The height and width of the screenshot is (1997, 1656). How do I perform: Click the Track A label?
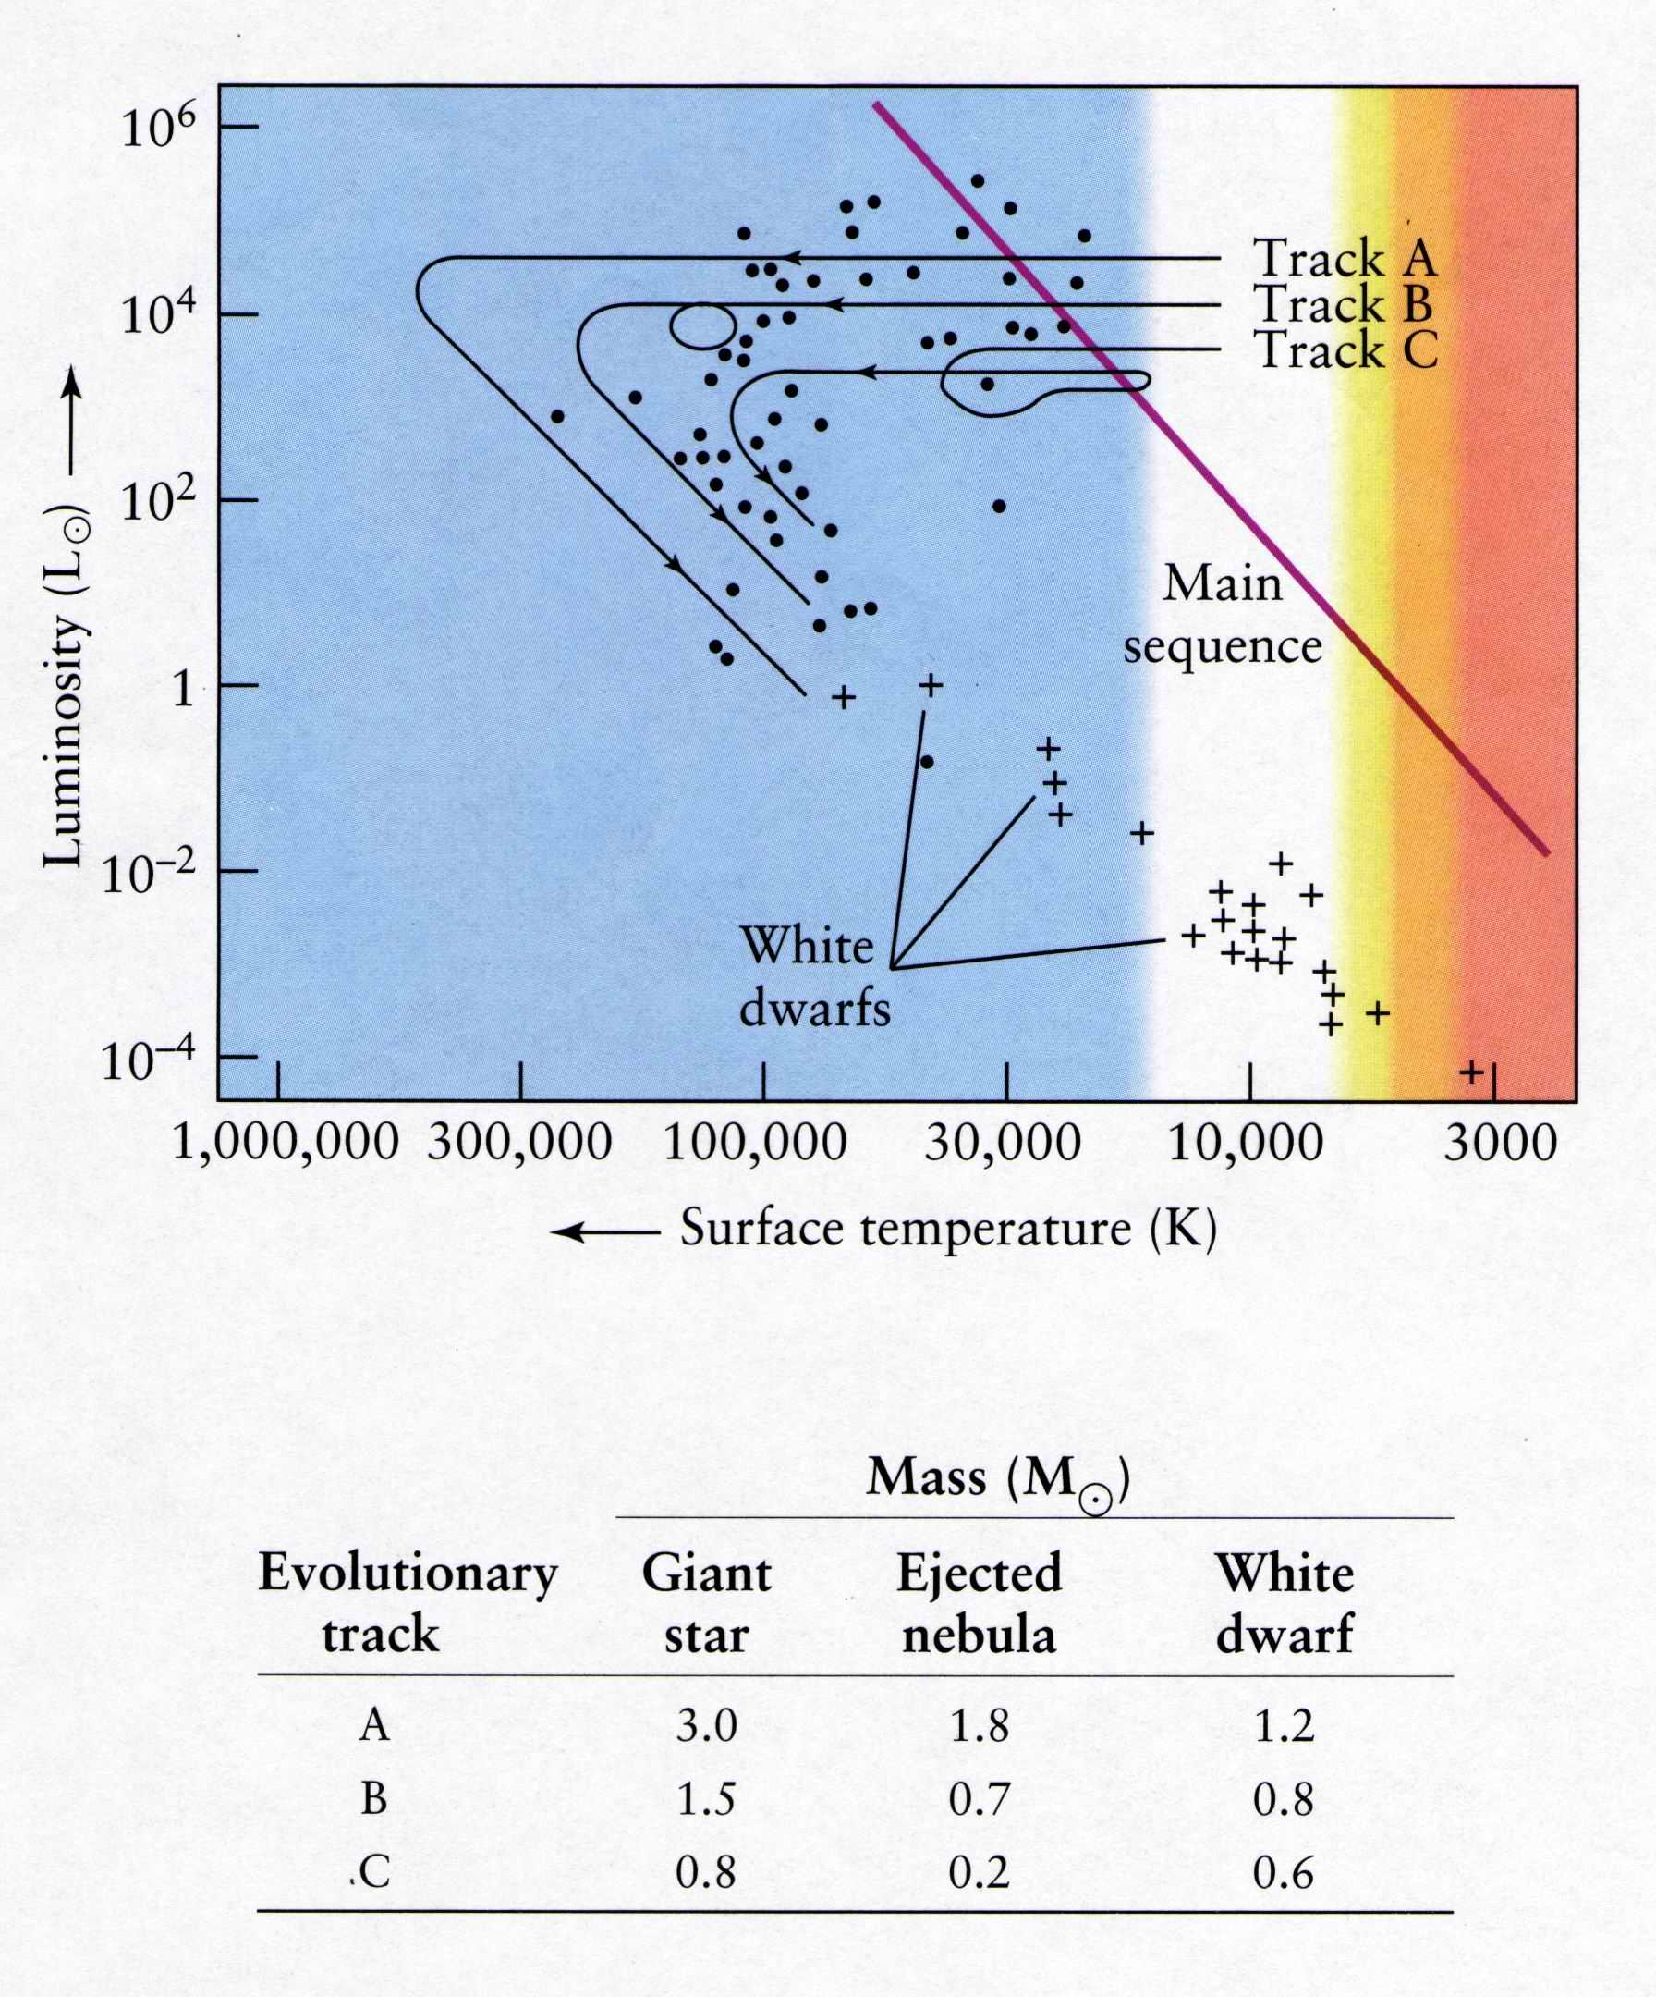tap(1345, 259)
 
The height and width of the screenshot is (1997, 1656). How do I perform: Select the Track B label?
tap(1345, 305)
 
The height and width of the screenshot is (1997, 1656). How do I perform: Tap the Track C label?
tap(1346, 351)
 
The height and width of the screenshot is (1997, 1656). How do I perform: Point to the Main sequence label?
tap(1223, 614)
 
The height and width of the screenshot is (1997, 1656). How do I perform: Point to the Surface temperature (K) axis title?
tap(948, 1230)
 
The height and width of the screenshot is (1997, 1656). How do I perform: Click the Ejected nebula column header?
tap(980, 1604)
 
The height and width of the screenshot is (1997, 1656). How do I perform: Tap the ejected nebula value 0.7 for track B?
tap(980, 1800)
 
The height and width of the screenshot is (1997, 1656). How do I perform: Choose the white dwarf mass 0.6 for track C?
tap(1284, 1873)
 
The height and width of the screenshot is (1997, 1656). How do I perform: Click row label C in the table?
tap(374, 1873)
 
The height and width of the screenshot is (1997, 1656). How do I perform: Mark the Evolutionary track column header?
tap(407, 1604)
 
